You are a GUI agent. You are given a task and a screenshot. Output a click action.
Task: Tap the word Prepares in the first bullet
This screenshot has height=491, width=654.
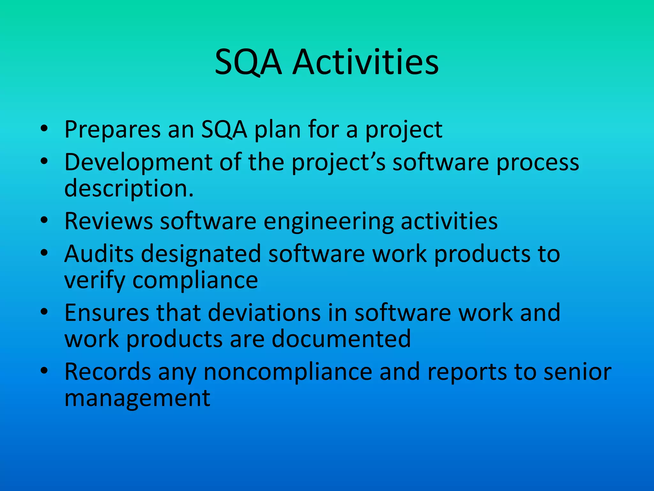[112, 130]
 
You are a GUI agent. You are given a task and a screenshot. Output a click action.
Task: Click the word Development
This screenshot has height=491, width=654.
[138, 162]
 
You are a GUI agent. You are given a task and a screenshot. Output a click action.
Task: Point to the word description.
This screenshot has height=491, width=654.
[129, 189]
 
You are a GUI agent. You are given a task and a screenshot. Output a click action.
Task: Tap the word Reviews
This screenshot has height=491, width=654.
[109, 221]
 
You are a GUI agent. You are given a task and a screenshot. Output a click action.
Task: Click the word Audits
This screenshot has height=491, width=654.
[99, 254]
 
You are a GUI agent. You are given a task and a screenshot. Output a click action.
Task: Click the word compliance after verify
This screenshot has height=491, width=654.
[195, 281]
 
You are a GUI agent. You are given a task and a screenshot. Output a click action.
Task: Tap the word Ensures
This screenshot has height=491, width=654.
[107, 313]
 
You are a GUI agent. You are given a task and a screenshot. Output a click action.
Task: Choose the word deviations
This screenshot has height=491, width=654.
[264, 313]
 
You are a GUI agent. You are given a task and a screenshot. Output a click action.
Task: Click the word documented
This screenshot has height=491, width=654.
[341, 339]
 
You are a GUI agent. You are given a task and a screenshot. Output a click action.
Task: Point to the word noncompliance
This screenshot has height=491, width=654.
[288, 372]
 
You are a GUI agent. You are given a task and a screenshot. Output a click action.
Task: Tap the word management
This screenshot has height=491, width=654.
[137, 399]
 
